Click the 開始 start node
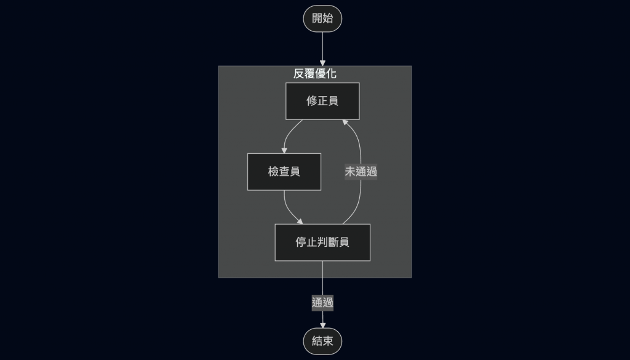pos(322,18)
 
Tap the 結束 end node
pos(322,341)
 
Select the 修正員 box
pos(322,101)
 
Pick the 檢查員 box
pos(284,172)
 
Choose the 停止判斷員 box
pos(322,242)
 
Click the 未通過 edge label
pos(361,172)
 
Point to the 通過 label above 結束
pos(322,302)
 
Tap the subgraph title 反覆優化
pos(314,74)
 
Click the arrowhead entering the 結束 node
pos(322,325)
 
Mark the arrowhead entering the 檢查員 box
pos(284,150)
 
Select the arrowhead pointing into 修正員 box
pos(346,122)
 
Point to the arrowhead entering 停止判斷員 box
pos(300,222)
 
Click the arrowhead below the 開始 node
pos(322,62)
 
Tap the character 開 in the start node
pos(317,18)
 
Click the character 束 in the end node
pos(328,341)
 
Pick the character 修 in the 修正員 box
pos(312,101)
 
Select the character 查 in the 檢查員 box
pos(284,172)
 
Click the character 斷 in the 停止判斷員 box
pos(333,242)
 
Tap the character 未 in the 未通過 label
pos(350,172)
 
